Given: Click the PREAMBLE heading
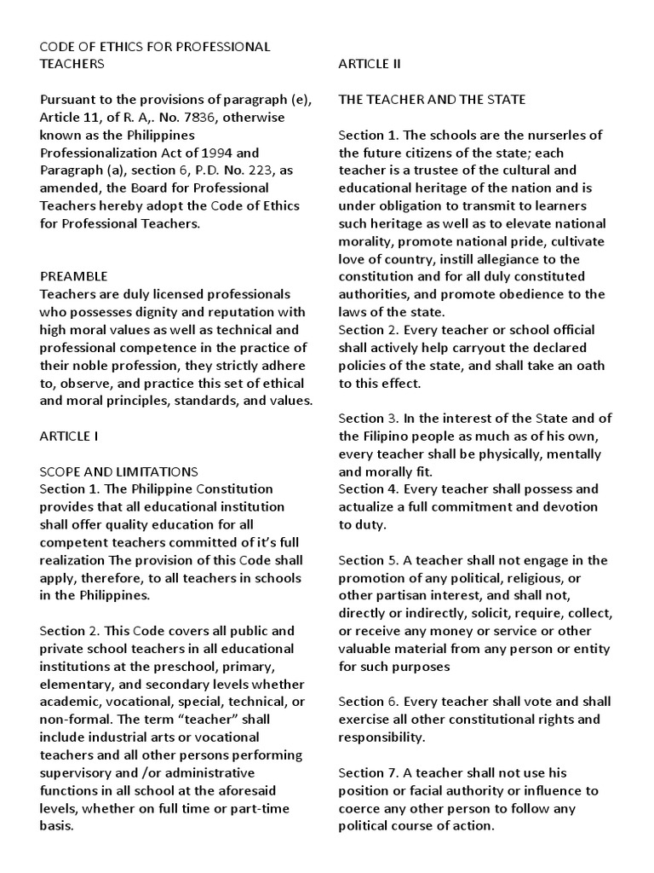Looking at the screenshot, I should click(73, 276).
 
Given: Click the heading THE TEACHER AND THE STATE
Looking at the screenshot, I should click(432, 100).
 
